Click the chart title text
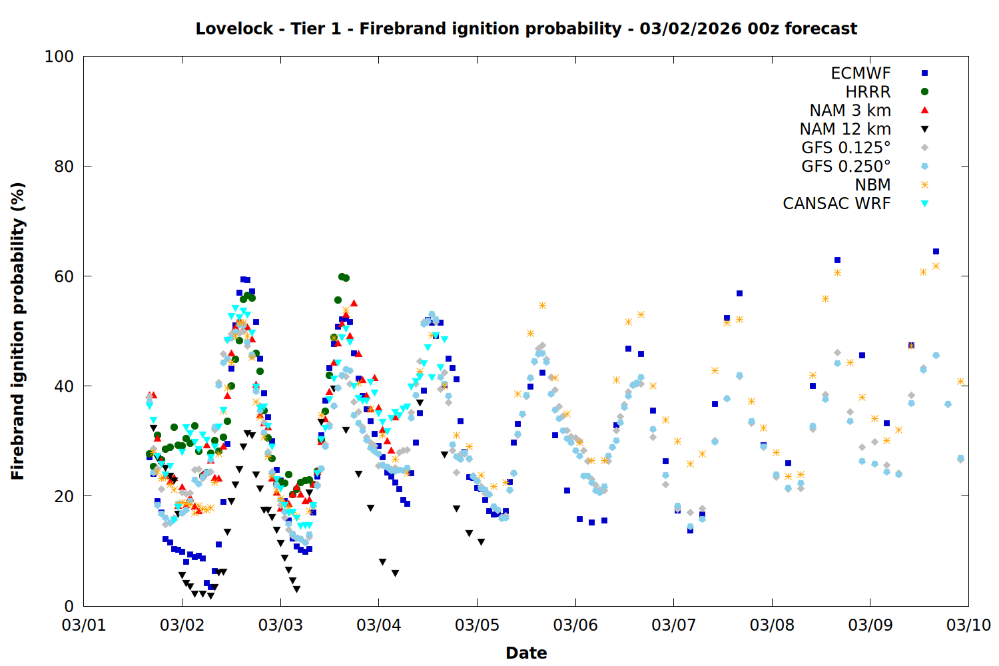[x=526, y=29]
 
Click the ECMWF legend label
[x=860, y=73]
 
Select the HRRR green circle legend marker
[x=924, y=92]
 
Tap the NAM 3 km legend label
[x=850, y=111]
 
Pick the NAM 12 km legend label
[x=845, y=129]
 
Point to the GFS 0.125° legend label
[x=846, y=148]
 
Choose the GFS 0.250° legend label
[x=846, y=166]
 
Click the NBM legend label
[x=872, y=185]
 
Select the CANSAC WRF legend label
[x=836, y=204]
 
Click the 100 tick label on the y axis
[x=59, y=57]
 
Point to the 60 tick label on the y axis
[x=64, y=276]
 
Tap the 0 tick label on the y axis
[x=69, y=606]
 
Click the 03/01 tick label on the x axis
[x=84, y=625]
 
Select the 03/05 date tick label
[x=477, y=625]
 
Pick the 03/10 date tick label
[x=968, y=625]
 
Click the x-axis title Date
[x=526, y=653]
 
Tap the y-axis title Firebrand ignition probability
[x=18, y=331]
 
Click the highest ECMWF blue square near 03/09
[x=936, y=251]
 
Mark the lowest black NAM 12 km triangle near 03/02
[x=210, y=596]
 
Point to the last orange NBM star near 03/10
[x=960, y=382]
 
